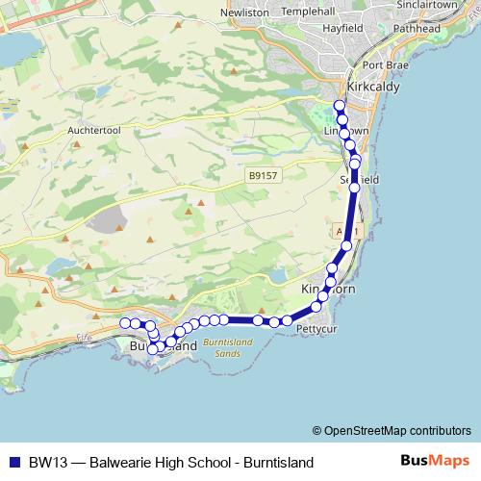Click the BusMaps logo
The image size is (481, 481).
pos(436,461)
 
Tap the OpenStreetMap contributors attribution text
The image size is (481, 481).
pos(397,430)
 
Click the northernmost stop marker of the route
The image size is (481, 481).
pos(339,106)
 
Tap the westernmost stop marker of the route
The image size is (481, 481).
pos(125,322)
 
